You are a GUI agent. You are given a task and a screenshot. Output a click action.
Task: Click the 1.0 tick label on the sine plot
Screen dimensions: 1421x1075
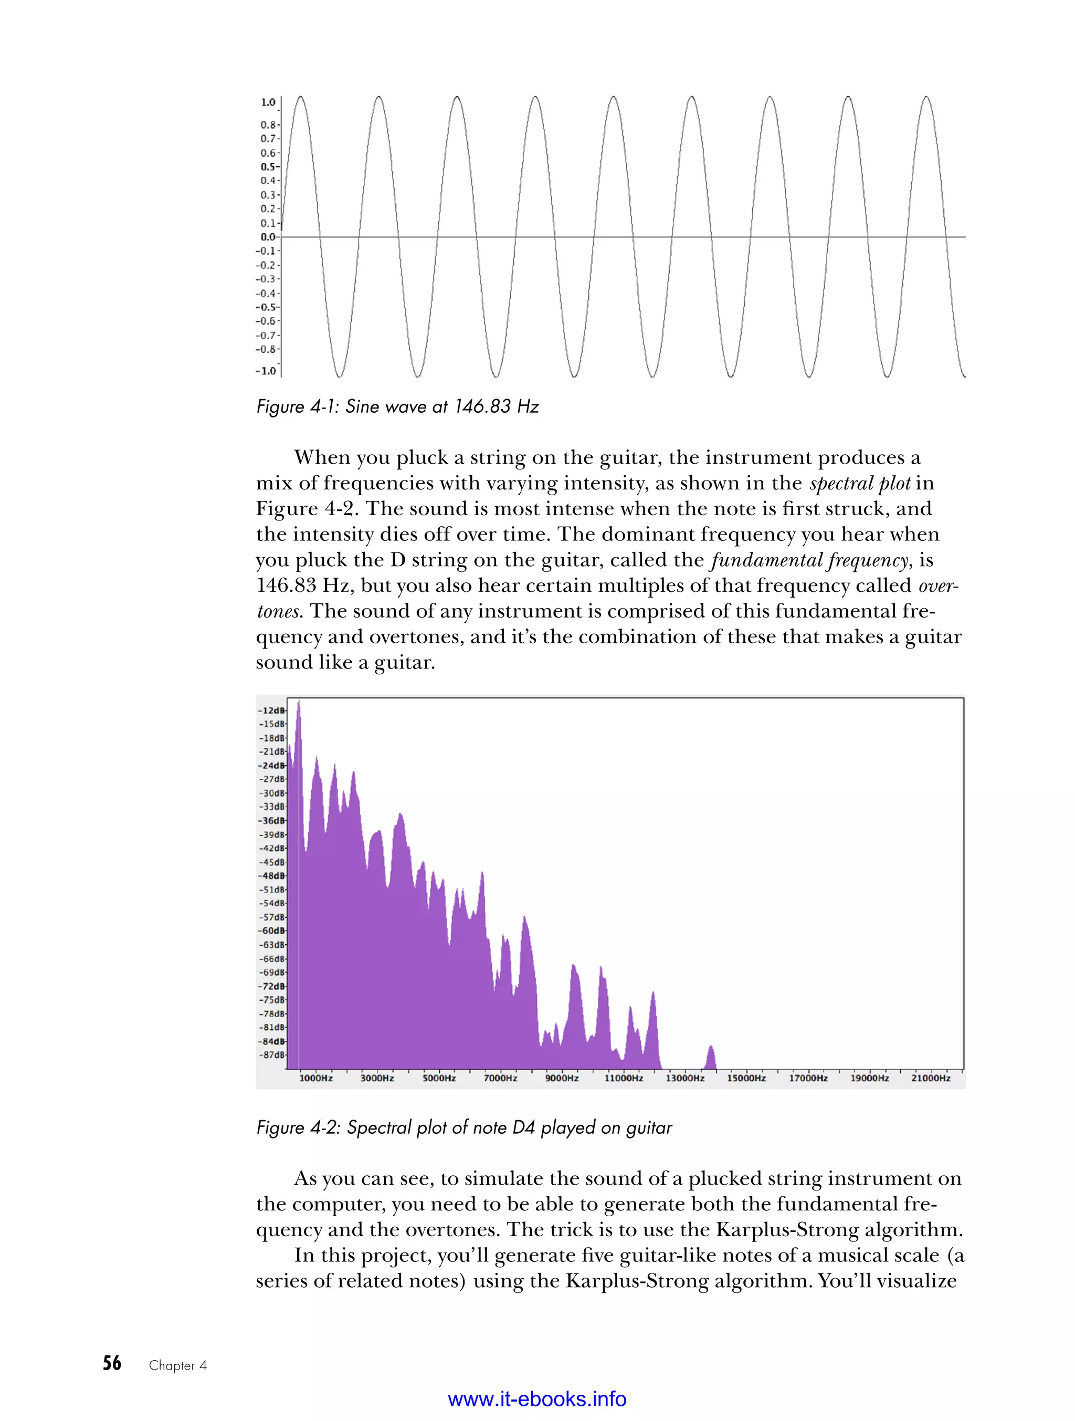point(268,102)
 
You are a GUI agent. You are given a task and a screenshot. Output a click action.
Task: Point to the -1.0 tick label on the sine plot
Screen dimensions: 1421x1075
point(266,371)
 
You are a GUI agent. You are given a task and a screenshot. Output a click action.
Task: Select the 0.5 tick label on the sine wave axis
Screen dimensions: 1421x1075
point(268,166)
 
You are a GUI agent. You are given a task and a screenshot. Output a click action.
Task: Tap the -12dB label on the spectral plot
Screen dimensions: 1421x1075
point(271,710)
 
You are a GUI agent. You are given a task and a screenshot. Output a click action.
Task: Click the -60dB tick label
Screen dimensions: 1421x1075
point(271,931)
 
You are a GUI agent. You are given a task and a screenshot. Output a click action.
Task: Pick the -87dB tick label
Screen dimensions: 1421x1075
point(271,1055)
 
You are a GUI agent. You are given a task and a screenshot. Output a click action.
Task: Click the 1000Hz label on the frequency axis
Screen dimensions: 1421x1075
point(316,1078)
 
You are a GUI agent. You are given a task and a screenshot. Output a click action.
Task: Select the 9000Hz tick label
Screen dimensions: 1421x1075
point(562,1078)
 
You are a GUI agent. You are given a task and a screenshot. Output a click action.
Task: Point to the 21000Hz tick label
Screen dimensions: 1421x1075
point(931,1078)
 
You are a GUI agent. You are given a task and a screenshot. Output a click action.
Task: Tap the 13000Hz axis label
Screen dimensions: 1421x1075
point(684,1078)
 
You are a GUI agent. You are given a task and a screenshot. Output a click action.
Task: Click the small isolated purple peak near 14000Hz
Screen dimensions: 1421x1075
point(711,1058)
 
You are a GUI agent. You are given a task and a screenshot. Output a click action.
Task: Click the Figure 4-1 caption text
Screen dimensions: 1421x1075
point(397,406)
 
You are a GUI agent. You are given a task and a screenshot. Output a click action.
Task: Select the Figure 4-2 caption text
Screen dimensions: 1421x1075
point(463,1128)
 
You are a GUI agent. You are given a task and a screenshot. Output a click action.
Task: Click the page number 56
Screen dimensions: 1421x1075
point(112,1363)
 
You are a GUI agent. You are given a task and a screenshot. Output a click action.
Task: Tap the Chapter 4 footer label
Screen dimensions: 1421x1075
point(178,1366)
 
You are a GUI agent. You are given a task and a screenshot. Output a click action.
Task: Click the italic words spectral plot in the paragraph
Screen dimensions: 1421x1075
point(860,483)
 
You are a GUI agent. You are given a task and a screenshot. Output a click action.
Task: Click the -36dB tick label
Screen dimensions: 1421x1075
point(271,820)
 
